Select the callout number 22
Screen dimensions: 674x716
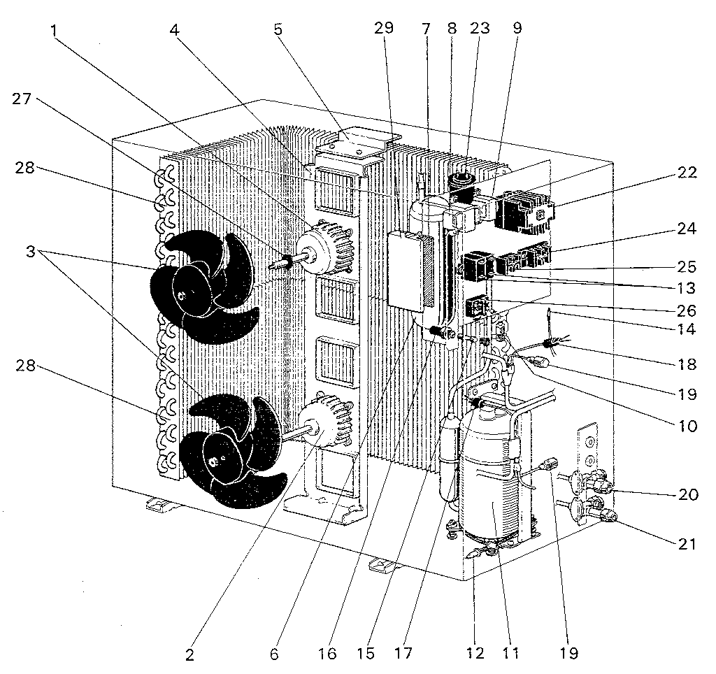pos(687,173)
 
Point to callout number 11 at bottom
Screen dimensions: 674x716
pos(513,654)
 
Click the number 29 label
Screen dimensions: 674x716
pos(384,29)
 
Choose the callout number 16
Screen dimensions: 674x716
pos(328,654)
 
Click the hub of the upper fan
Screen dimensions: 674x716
pos(183,297)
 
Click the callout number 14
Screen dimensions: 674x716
pos(687,327)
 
